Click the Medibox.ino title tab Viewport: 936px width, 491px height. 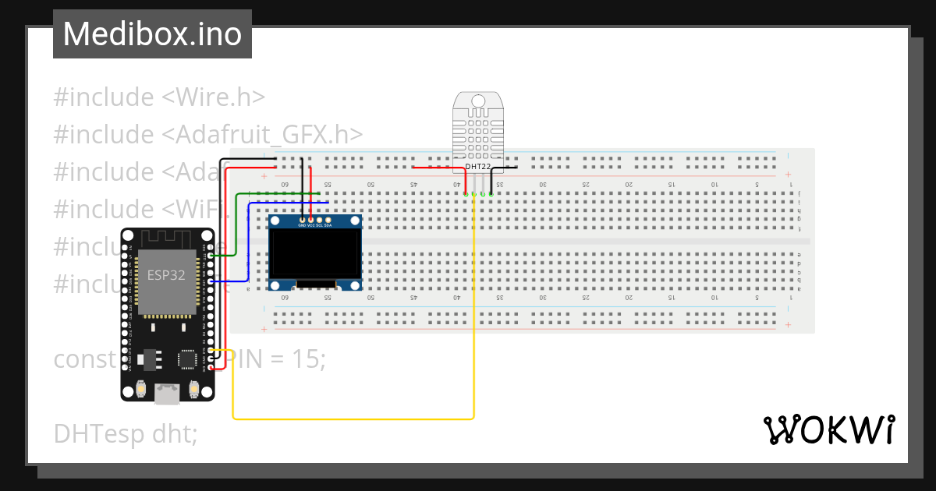[x=152, y=34]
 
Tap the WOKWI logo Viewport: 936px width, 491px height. [x=828, y=430]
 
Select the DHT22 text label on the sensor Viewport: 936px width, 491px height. [x=479, y=167]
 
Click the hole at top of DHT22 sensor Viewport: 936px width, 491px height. [x=478, y=101]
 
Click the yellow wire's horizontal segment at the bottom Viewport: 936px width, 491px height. [x=351, y=419]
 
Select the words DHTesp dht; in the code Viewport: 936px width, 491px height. [x=125, y=433]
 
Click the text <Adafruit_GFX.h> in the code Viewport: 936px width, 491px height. [x=262, y=135]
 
